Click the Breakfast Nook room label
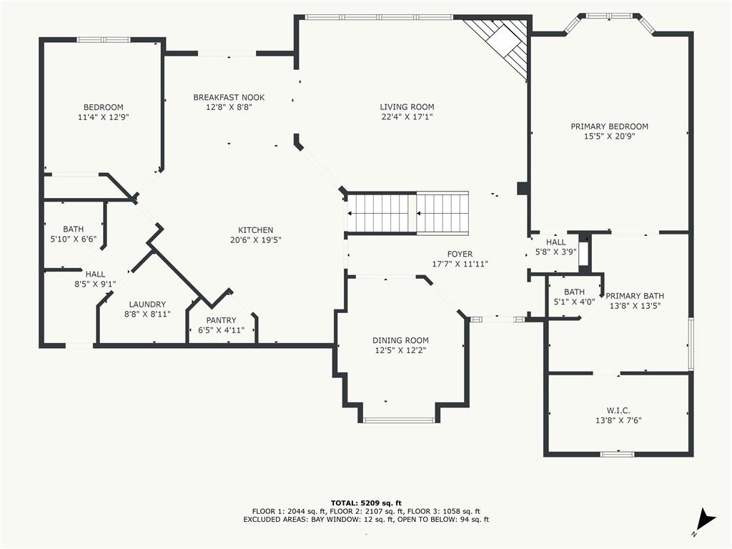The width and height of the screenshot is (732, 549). tap(229, 97)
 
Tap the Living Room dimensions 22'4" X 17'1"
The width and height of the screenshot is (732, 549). tap(407, 117)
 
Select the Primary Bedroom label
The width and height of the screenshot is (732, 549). tap(609, 127)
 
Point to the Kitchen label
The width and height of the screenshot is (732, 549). tap(255, 230)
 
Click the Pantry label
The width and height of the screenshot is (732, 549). tap(222, 320)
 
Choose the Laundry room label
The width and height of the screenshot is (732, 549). tap(147, 305)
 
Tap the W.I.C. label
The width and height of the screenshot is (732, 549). tap(618, 411)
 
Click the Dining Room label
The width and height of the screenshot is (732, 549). tap(400, 341)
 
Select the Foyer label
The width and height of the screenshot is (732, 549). tap(460, 254)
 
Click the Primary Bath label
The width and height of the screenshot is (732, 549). tap(635, 296)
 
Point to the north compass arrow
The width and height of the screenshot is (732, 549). tap(704, 520)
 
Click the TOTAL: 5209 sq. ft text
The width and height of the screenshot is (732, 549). tap(366, 503)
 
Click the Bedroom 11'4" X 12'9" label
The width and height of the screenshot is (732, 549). tap(103, 112)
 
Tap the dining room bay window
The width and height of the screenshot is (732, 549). tap(399, 420)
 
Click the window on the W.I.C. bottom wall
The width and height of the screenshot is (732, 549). tap(617, 454)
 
